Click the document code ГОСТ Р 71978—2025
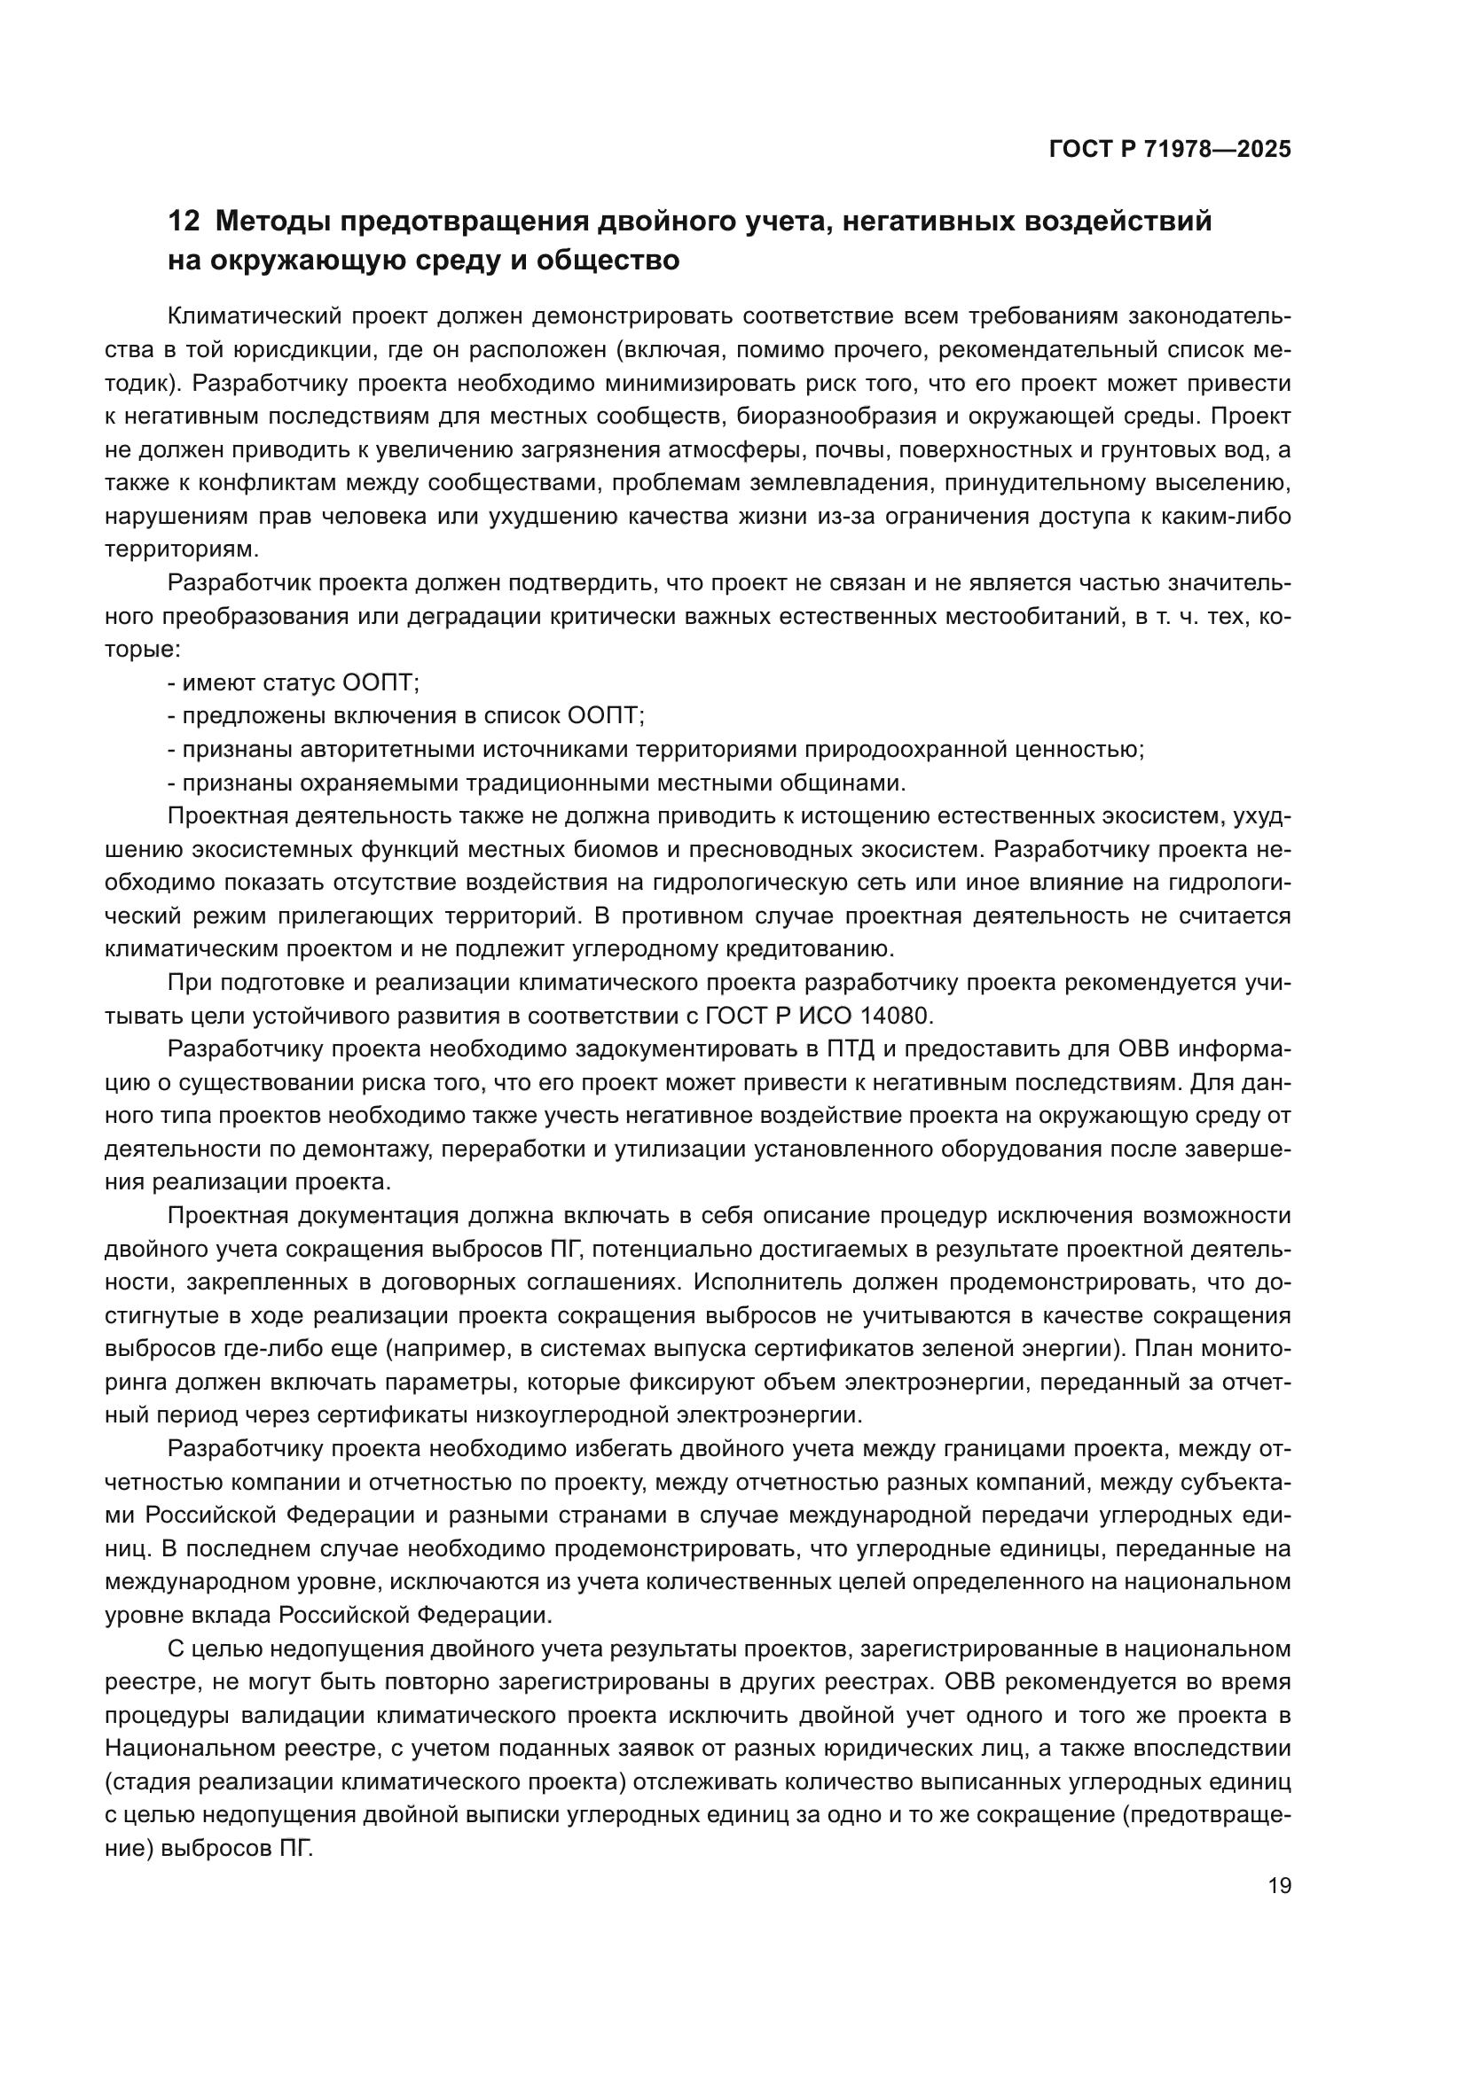(x=1170, y=150)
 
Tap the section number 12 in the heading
(x=184, y=222)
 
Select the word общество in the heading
(x=607, y=261)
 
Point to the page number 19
(x=1279, y=1885)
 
